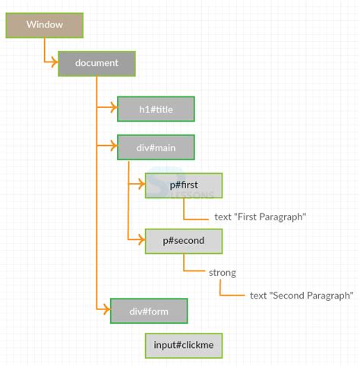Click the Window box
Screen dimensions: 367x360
point(44,25)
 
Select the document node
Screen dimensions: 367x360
point(96,64)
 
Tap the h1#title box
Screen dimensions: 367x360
point(156,109)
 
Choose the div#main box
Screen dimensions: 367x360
point(156,147)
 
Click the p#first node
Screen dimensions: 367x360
point(184,185)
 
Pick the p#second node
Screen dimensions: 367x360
point(184,241)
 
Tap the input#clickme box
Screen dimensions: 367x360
point(184,345)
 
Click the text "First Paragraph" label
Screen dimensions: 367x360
point(260,217)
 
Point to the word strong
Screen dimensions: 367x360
point(222,272)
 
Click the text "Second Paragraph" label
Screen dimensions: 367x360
point(302,295)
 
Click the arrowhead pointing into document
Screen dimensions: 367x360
point(54,64)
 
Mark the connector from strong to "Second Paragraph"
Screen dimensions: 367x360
point(221,289)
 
